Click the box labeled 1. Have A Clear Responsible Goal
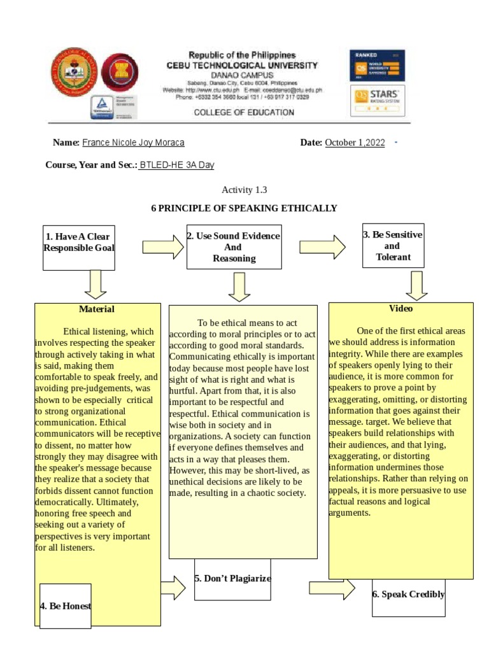click(x=79, y=243)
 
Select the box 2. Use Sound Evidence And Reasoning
click(x=234, y=246)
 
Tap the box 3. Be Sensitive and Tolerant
click(x=392, y=246)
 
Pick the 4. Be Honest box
click(x=65, y=606)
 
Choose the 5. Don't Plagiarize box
click(x=232, y=579)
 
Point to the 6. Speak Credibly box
click(x=408, y=595)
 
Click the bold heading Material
click(x=97, y=309)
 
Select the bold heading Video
click(x=400, y=309)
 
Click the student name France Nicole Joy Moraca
click(x=134, y=143)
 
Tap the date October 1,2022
click(x=355, y=143)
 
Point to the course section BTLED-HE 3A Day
click(x=177, y=165)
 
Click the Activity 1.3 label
click(x=244, y=190)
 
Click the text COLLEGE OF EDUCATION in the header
click(x=244, y=113)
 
